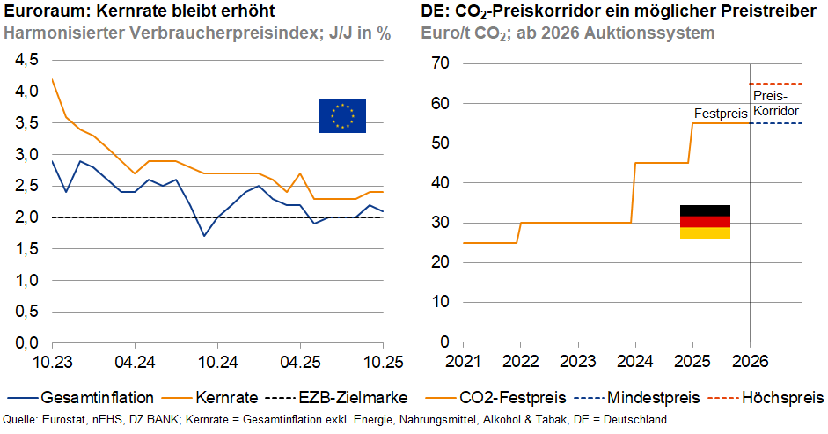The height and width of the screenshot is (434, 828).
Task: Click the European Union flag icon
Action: tap(342, 116)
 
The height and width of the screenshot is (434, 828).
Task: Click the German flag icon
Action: tap(705, 222)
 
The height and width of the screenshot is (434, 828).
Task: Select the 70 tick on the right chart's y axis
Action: tap(441, 63)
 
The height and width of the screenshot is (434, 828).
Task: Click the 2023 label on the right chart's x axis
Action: tap(577, 361)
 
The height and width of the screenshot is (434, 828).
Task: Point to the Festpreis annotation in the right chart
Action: tap(721, 114)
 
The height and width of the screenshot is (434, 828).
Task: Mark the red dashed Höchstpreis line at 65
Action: tap(775, 84)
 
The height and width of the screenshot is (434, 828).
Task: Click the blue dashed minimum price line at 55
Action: tap(775, 123)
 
